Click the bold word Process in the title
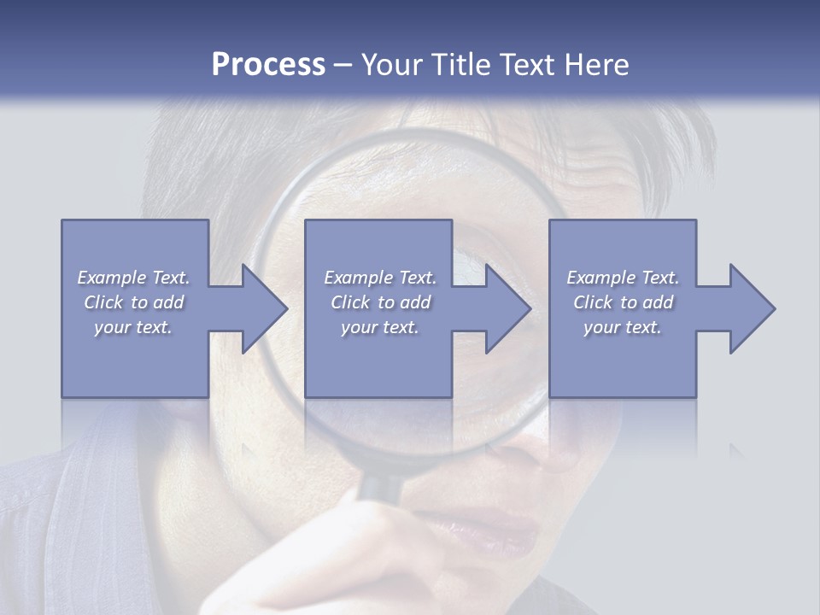(268, 65)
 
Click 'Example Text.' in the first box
(133, 278)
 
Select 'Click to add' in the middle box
(380, 302)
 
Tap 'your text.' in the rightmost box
(623, 327)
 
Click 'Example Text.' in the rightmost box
(623, 278)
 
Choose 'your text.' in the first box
(133, 327)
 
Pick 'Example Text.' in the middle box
(380, 278)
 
